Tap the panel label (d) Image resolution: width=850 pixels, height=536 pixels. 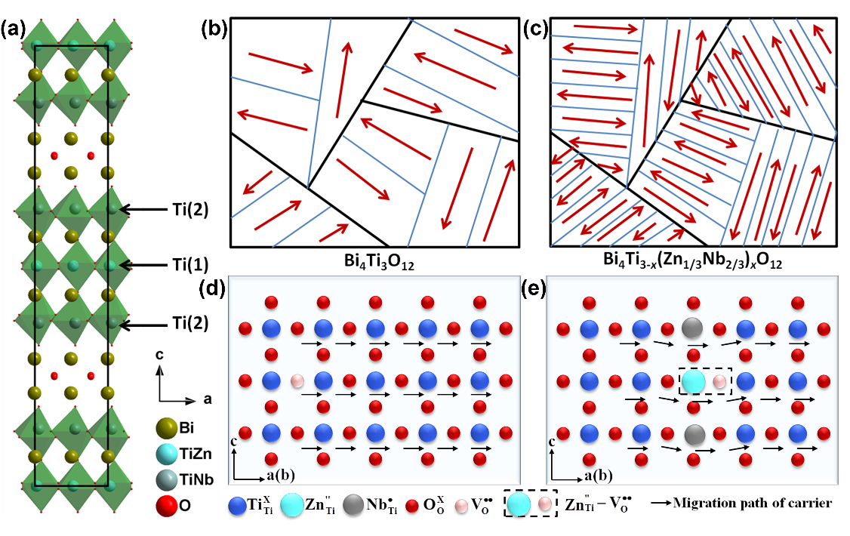tap(212, 288)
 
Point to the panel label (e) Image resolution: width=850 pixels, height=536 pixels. tap(533, 288)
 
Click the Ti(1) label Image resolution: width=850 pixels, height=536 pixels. tap(190, 265)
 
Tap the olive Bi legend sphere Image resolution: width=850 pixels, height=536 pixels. tap(166, 428)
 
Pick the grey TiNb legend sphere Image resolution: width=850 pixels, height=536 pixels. tap(166, 479)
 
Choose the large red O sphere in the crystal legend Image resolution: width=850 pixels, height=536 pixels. tap(166, 506)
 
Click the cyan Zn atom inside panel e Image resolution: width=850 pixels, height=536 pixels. tap(693, 381)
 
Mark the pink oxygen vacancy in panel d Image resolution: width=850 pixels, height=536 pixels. tap(297, 381)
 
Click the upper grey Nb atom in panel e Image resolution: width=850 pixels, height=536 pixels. tap(692, 328)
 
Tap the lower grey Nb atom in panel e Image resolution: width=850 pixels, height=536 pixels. tap(693, 434)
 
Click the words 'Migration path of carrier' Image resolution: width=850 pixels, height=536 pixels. tap(752, 503)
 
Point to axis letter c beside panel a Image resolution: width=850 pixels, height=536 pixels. tap(159, 355)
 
